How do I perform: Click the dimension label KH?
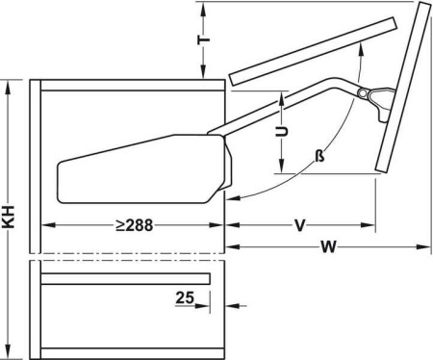9,217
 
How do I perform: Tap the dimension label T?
203,39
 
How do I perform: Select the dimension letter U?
281,131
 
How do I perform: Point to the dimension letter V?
300,225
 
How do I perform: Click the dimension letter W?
329,246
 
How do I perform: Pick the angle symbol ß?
319,156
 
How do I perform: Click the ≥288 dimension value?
135,225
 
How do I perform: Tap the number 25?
185,297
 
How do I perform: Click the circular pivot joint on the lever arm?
363,93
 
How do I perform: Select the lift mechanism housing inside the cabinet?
144,169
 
